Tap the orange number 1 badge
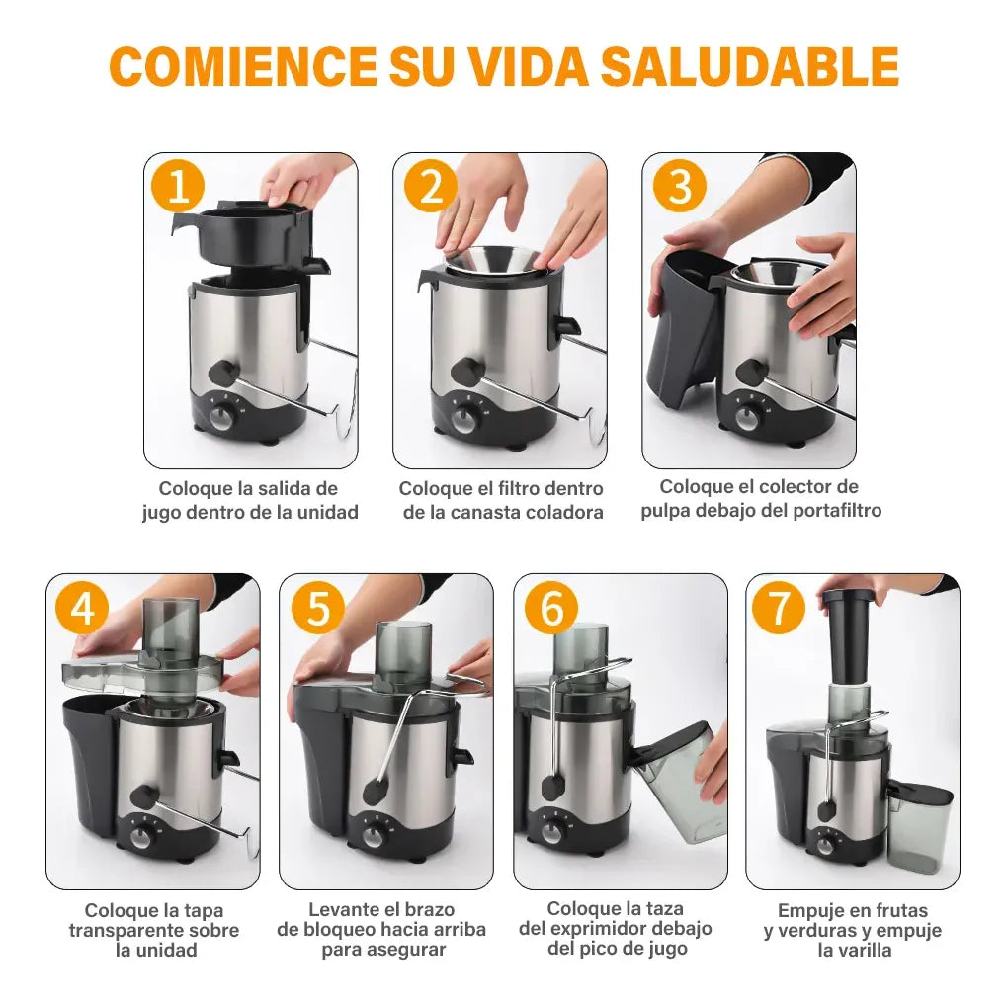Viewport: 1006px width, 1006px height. tap(177, 186)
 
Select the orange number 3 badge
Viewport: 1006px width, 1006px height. tap(680, 186)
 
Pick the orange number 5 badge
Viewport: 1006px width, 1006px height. tap(318, 608)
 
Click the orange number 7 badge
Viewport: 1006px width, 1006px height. tap(779, 608)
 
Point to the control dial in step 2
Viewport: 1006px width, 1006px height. tap(462, 420)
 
